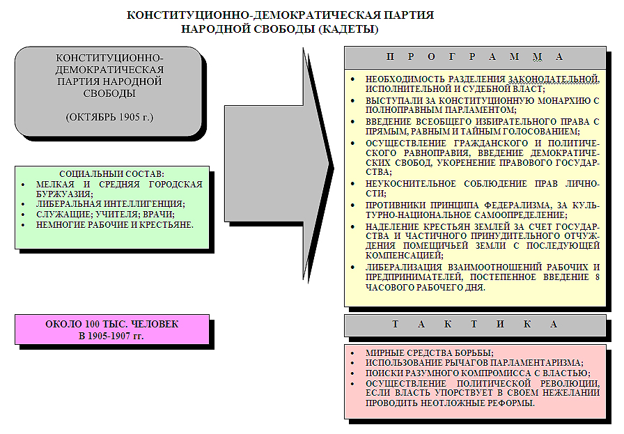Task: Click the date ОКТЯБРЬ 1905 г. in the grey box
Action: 109,116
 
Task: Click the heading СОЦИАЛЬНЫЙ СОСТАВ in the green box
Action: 111,173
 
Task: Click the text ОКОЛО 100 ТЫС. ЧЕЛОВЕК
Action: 111,325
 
